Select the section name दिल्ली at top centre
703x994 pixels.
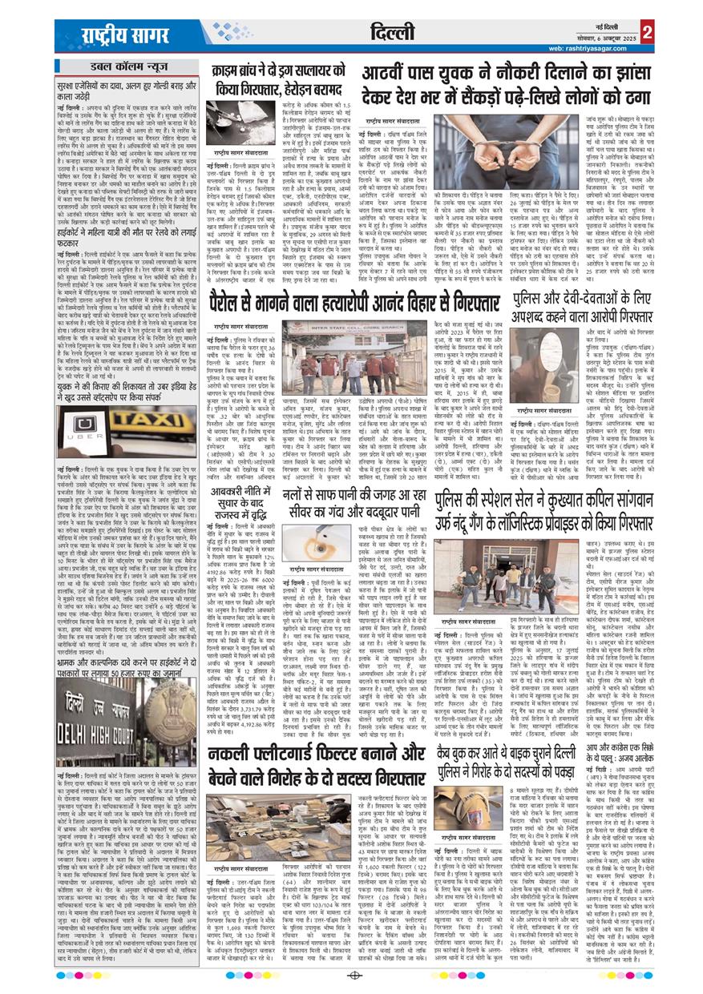394,32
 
